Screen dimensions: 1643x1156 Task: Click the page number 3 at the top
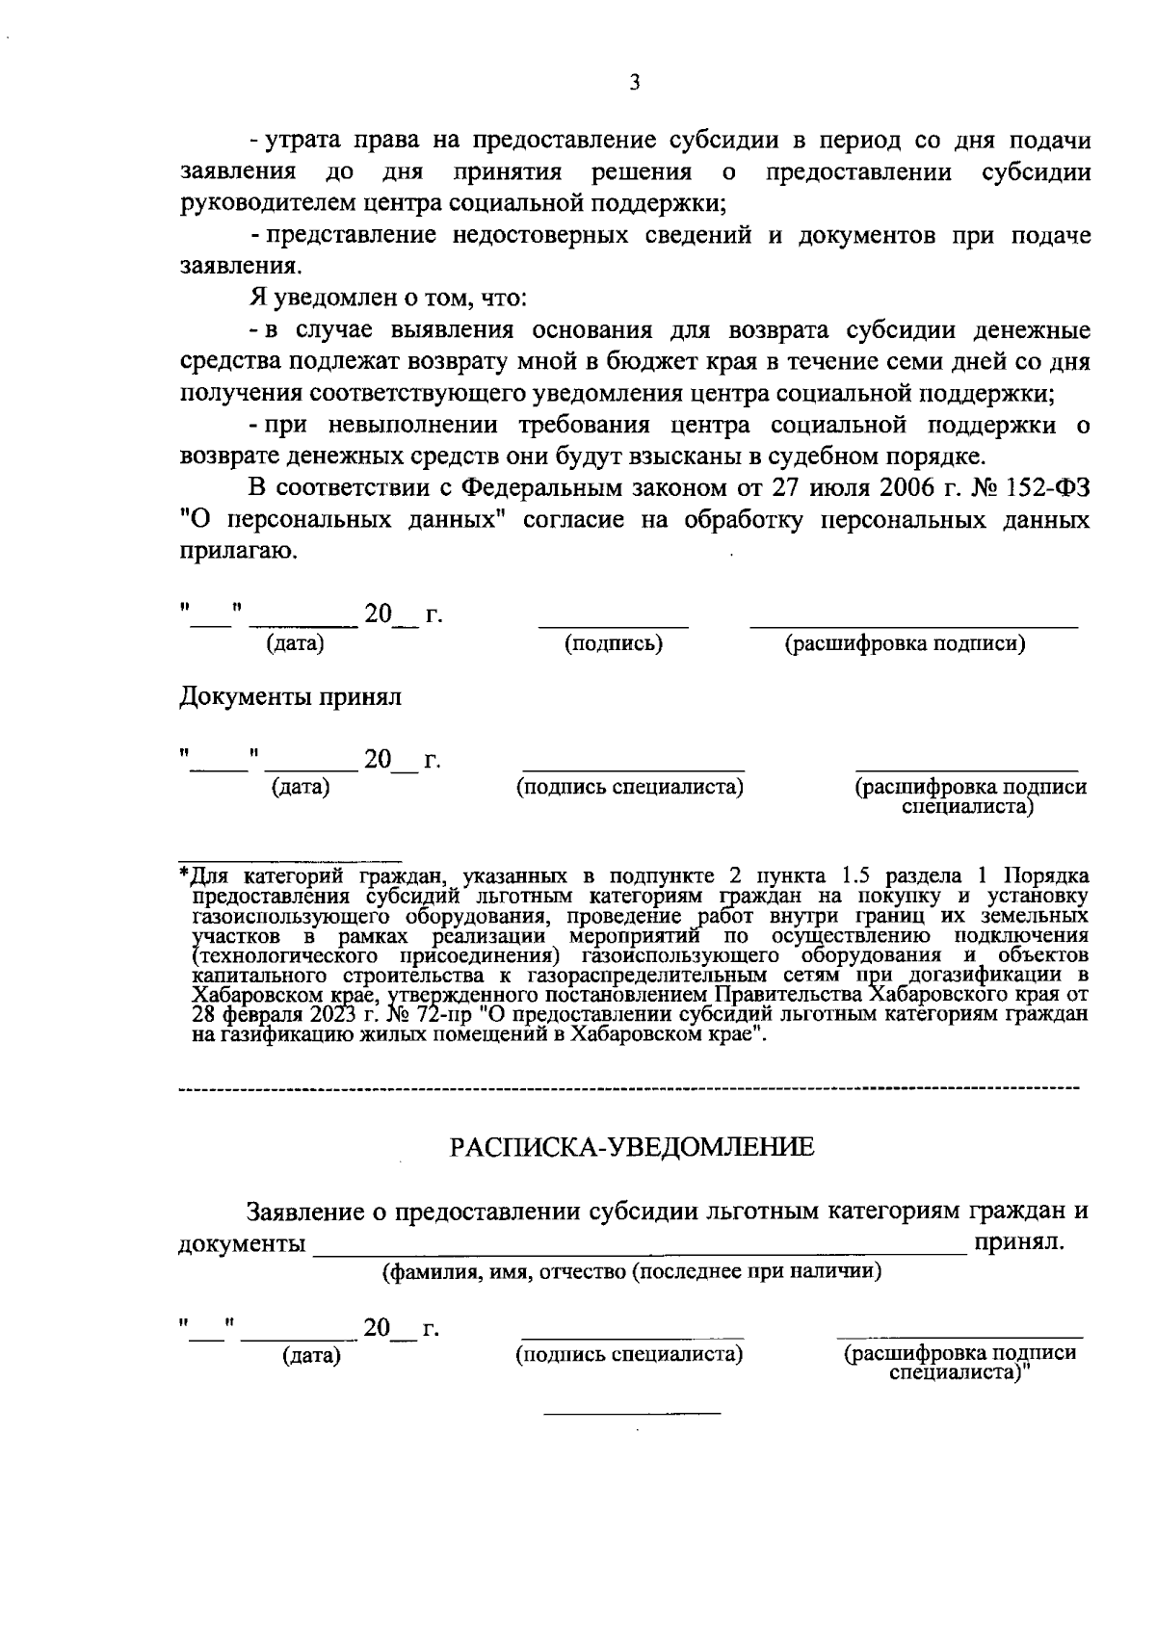[x=634, y=83]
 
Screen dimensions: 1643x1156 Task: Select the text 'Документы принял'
[x=290, y=696]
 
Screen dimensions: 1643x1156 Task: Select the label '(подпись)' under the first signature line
[x=614, y=644]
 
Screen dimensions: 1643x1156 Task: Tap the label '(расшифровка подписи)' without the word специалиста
[x=905, y=644]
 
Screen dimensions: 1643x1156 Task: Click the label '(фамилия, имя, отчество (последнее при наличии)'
[x=633, y=1271]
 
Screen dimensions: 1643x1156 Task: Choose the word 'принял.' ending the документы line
[x=1020, y=1241]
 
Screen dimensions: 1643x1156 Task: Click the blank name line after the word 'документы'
[x=640, y=1248]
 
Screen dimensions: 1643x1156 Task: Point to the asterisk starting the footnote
[x=185, y=875]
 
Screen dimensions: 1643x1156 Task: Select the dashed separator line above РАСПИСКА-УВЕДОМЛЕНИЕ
[x=628, y=1088]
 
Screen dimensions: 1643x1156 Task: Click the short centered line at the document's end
[x=632, y=1413]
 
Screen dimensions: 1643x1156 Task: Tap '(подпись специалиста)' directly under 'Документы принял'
[x=631, y=788]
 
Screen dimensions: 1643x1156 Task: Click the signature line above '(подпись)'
[x=614, y=627]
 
